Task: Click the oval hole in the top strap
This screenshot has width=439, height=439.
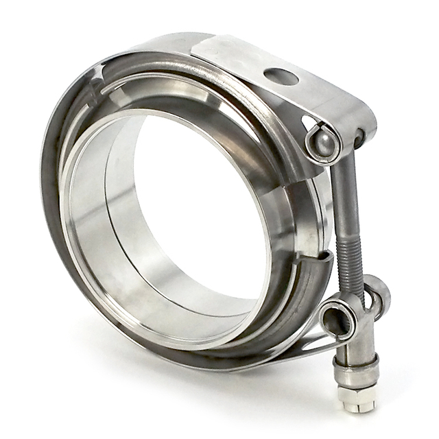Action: (x=281, y=77)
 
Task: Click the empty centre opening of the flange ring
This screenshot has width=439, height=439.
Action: (x=199, y=206)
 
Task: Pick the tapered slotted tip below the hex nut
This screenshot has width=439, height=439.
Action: (x=357, y=405)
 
